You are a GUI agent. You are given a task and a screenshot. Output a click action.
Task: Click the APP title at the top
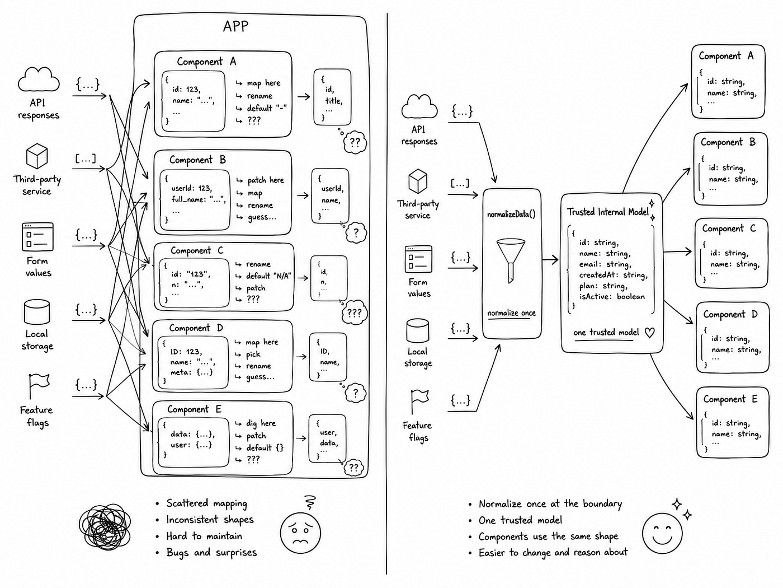(x=235, y=26)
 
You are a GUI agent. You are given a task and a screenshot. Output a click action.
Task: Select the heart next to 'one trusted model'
(x=649, y=333)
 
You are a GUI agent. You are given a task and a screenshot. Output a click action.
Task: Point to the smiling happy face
(x=662, y=533)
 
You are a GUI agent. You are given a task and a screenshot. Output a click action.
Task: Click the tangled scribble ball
(x=105, y=526)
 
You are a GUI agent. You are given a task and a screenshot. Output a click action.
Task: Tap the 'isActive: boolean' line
(x=612, y=297)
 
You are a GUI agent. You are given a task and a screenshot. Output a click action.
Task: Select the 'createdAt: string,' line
(x=613, y=275)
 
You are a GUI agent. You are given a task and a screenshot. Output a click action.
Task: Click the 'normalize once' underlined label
(x=511, y=313)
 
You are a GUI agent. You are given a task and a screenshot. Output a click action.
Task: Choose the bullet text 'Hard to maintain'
(x=204, y=536)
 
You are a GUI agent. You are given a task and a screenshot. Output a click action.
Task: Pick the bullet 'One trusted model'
(x=520, y=520)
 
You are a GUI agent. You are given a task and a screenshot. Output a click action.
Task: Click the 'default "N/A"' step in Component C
(x=268, y=276)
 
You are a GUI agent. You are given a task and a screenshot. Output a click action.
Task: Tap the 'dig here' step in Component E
(x=261, y=423)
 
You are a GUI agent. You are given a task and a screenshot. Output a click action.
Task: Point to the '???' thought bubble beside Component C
(x=354, y=313)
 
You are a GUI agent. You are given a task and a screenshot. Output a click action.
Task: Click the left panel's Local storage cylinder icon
(x=37, y=312)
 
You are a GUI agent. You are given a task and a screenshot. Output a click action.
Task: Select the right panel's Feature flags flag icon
(x=419, y=401)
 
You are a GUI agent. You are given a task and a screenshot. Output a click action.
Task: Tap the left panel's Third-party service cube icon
(x=37, y=156)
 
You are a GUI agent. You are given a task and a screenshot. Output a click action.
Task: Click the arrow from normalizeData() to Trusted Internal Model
(x=550, y=259)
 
